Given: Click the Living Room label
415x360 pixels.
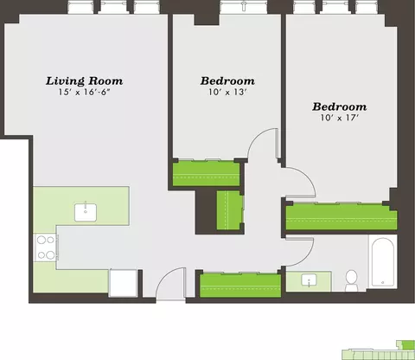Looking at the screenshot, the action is (x=85, y=81).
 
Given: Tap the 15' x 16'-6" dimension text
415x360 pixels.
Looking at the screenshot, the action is (x=85, y=93).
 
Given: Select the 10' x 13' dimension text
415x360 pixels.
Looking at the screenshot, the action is (x=227, y=93).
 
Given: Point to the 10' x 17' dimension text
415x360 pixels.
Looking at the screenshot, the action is (x=340, y=118).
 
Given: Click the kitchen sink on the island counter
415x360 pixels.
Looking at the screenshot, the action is (x=86, y=212).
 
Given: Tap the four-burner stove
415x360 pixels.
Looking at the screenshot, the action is (x=46, y=247).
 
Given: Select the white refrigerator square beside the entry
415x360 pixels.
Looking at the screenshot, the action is (x=124, y=283).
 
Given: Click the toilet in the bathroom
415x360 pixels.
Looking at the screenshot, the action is (x=351, y=280).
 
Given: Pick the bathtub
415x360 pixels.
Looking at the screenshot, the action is (x=383, y=262).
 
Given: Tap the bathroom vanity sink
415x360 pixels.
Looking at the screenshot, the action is (x=309, y=280).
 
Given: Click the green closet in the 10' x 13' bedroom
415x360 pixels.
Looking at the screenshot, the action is (x=206, y=174).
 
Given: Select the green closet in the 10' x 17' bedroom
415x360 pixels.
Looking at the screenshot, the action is (x=342, y=217).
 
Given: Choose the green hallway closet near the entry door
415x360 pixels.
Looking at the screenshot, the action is (x=240, y=286).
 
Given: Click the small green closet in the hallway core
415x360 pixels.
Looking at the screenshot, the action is (x=229, y=210).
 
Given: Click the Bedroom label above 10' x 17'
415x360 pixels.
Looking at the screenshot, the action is (x=340, y=107).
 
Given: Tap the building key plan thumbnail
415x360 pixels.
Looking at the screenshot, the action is (x=378, y=350).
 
